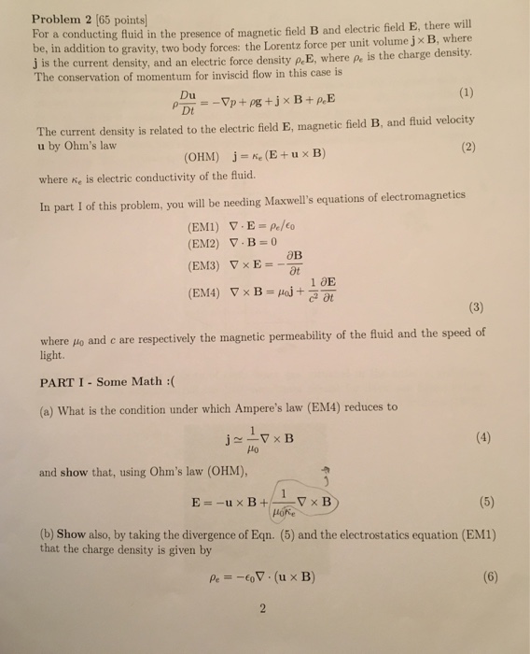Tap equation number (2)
(467, 147)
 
